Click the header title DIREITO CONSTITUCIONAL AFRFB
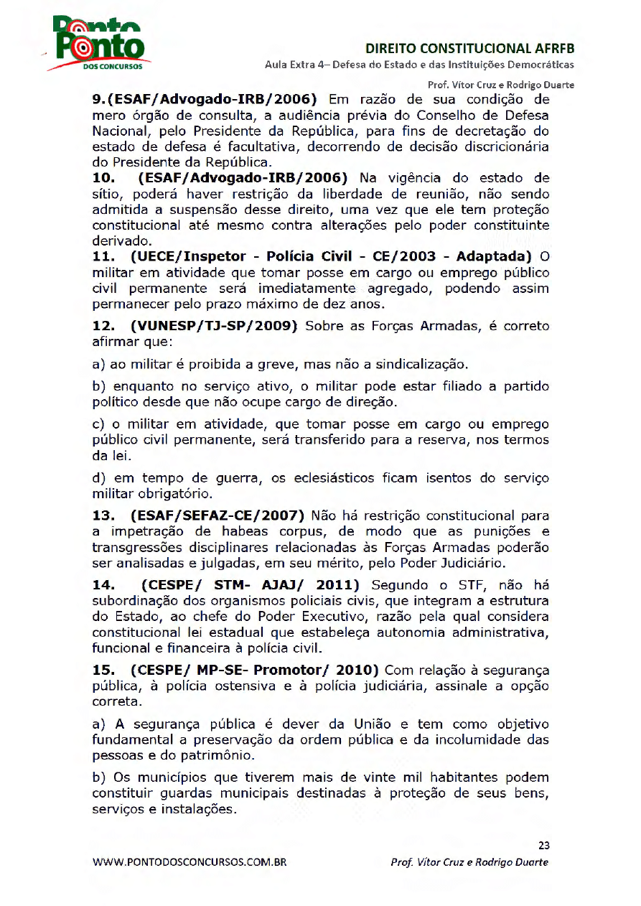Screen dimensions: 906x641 click(x=470, y=49)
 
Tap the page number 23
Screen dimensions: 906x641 click(x=543, y=845)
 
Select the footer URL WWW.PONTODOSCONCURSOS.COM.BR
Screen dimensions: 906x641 click(x=190, y=862)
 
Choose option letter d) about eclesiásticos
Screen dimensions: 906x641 click(x=98, y=478)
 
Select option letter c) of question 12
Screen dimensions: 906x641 click(x=98, y=424)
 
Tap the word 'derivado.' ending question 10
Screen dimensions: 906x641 click(x=122, y=241)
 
